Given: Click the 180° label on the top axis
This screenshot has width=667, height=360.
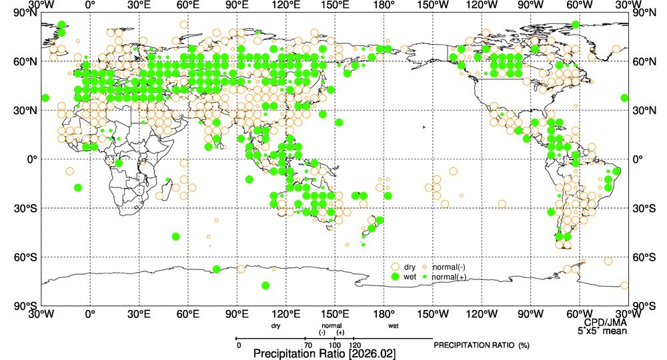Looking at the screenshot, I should pyautogui.click(x=384, y=5).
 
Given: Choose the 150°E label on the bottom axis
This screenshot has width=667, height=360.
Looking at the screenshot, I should pyautogui.click(x=335, y=314).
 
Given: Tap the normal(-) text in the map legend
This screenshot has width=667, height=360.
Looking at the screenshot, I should pyautogui.click(x=448, y=267).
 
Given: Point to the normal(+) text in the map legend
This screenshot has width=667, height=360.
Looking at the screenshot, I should pyautogui.click(x=449, y=276).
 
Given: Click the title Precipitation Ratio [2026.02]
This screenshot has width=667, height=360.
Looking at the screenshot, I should pyautogui.click(x=325, y=353).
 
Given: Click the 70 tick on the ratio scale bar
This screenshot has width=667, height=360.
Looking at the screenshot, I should pyautogui.click(x=307, y=344).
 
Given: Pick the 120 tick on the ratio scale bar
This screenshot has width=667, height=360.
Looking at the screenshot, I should pyautogui.click(x=355, y=344).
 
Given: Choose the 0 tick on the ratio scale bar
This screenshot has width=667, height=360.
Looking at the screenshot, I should pyautogui.click(x=239, y=344).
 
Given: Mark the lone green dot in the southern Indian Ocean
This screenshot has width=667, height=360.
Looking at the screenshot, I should pyautogui.click(x=176, y=237).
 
